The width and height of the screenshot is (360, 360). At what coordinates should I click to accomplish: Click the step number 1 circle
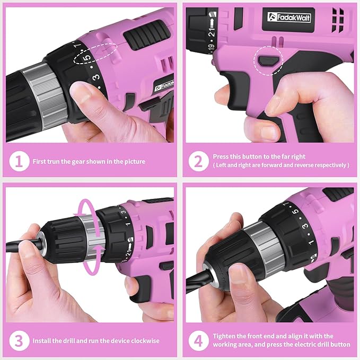pos(19,162)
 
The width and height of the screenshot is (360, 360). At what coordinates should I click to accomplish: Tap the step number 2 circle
pos(198,161)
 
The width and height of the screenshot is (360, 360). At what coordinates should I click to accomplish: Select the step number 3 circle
pos(19,340)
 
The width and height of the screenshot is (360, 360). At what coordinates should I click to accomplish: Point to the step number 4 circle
pos(198,340)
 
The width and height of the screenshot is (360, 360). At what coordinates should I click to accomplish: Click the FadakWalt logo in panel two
pos(289,17)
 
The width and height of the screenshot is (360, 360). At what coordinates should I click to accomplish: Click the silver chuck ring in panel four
pos(259,244)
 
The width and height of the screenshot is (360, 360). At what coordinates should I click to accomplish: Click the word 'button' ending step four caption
pos(339,345)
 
